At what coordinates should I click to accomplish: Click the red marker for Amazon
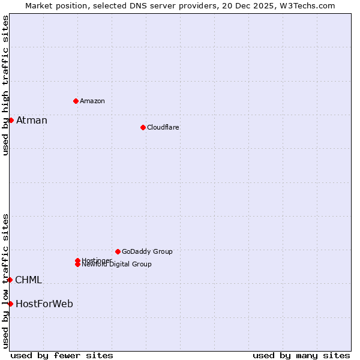(x=76, y=101)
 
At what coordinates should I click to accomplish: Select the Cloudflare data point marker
(x=143, y=127)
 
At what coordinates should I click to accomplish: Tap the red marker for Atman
(x=11, y=120)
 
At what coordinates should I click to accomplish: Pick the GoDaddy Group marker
(x=118, y=251)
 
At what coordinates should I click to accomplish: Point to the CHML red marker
(x=10, y=280)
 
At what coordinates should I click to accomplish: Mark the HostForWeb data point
(x=10, y=304)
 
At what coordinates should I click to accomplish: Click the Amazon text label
(x=92, y=101)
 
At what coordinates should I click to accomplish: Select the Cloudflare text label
(x=163, y=127)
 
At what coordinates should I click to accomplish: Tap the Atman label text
(x=32, y=120)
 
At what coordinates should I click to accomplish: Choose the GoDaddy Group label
(x=147, y=251)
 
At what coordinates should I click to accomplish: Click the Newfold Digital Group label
(x=117, y=265)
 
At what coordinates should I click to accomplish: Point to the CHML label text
(x=29, y=280)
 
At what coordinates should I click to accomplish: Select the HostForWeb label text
(x=44, y=304)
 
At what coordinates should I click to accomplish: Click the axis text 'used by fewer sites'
(x=62, y=355)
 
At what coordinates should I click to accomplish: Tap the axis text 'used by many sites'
(x=301, y=355)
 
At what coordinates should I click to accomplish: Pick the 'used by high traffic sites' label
(x=5, y=85)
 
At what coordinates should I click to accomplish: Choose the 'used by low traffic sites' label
(x=5, y=280)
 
